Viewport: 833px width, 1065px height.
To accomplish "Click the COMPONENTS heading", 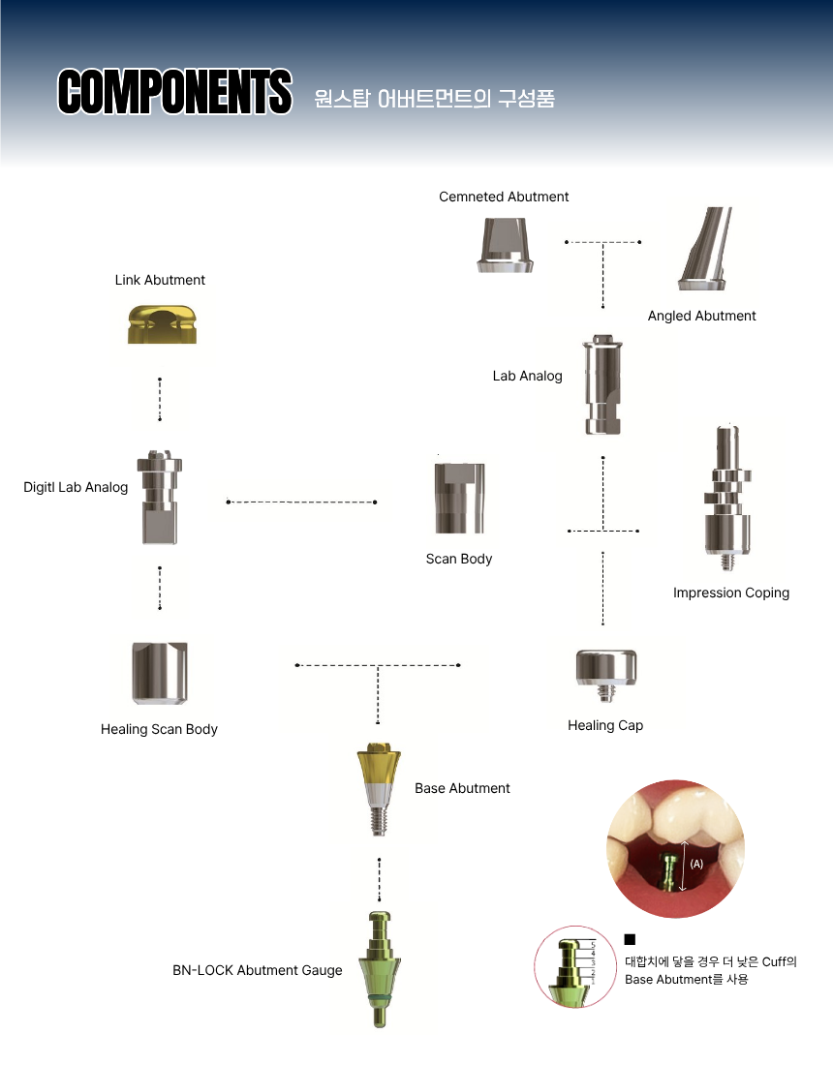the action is coord(174,91).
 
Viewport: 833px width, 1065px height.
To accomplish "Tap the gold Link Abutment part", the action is coord(162,324).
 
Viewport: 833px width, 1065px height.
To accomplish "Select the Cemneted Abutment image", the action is coord(505,245).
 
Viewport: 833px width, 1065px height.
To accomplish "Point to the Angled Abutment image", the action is coord(704,249).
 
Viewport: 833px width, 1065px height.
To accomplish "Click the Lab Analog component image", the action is coord(602,384).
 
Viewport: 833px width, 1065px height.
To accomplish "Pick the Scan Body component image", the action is coord(459,498).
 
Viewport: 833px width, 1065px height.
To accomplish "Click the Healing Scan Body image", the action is coord(160,673).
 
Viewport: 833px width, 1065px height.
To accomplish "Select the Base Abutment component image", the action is coord(379,789).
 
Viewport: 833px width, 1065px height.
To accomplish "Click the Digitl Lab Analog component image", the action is coord(160,498).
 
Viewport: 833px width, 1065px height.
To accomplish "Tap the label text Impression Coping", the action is coord(731,593).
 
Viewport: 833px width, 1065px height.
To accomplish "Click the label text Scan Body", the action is coord(458,559).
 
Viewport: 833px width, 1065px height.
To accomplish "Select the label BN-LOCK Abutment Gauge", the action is coord(258,970).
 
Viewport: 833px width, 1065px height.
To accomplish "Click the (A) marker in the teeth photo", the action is coord(696,864).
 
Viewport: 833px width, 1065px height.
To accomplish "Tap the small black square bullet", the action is coord(630,939).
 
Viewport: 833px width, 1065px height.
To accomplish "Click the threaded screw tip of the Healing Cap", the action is coord(606,694).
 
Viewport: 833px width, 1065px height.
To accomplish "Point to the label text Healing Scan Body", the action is coord(159,729).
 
